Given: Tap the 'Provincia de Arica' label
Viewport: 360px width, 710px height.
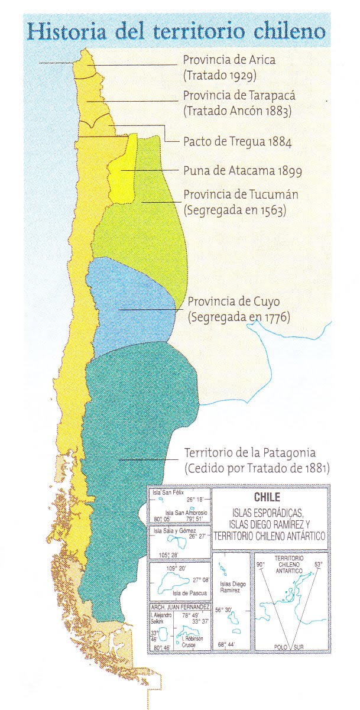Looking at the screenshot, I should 229,60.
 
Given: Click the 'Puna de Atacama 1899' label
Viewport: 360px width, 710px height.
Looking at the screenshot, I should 242,171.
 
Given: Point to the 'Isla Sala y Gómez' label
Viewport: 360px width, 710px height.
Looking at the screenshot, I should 172,531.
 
